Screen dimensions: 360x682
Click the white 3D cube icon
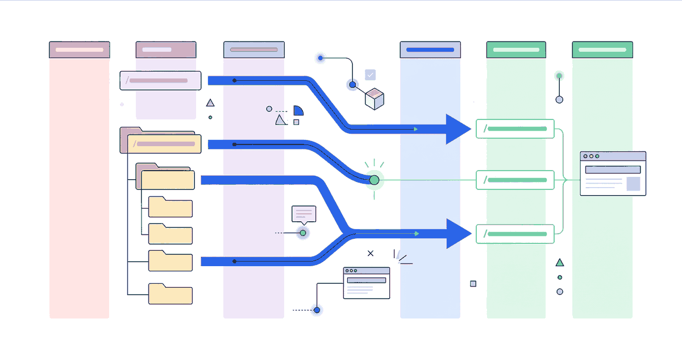point(375,98)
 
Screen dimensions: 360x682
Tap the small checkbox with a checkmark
point(371,75)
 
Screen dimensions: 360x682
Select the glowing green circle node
point(374,180)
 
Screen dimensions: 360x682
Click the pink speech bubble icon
point(303,214)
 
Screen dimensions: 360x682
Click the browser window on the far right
point(613,173)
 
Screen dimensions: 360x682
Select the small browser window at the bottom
point(367,283)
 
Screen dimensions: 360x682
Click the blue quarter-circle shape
point(298,110)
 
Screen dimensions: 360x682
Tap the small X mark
point(371,253)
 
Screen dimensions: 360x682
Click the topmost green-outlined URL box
point(515,129)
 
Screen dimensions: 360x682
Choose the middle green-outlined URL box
point(515,180)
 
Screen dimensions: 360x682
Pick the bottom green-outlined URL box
point(515,234)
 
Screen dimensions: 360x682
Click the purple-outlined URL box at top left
point(160,81)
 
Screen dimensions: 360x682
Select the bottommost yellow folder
point(170,294)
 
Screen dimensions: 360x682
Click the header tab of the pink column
point(80,49)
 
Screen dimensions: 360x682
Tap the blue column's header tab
point(430,49)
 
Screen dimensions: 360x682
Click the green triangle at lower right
point(560,263)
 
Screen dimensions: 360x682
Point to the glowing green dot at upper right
point(559,76)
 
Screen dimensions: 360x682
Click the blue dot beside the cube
point(352,85)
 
